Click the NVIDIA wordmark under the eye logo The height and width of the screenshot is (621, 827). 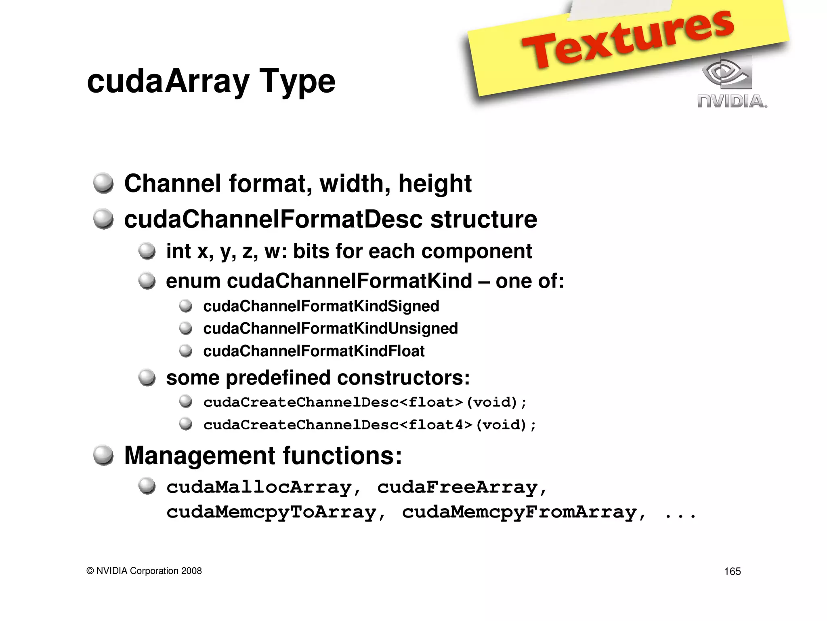732,101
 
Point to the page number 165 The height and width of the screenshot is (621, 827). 732,571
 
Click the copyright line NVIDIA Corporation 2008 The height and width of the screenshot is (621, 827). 144,570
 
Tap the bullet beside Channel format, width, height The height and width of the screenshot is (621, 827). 103,183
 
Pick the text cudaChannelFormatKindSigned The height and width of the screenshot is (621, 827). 321,306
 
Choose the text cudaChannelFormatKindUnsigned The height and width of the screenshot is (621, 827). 330,328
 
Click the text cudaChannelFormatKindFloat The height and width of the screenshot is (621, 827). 314,351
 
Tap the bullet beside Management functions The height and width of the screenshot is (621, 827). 103,455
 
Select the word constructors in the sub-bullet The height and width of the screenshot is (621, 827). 403,378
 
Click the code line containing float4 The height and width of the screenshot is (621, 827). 369,425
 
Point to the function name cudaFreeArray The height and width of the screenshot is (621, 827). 458,487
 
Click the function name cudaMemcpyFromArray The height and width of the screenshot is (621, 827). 519,512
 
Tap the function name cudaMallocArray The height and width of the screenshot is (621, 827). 259,487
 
